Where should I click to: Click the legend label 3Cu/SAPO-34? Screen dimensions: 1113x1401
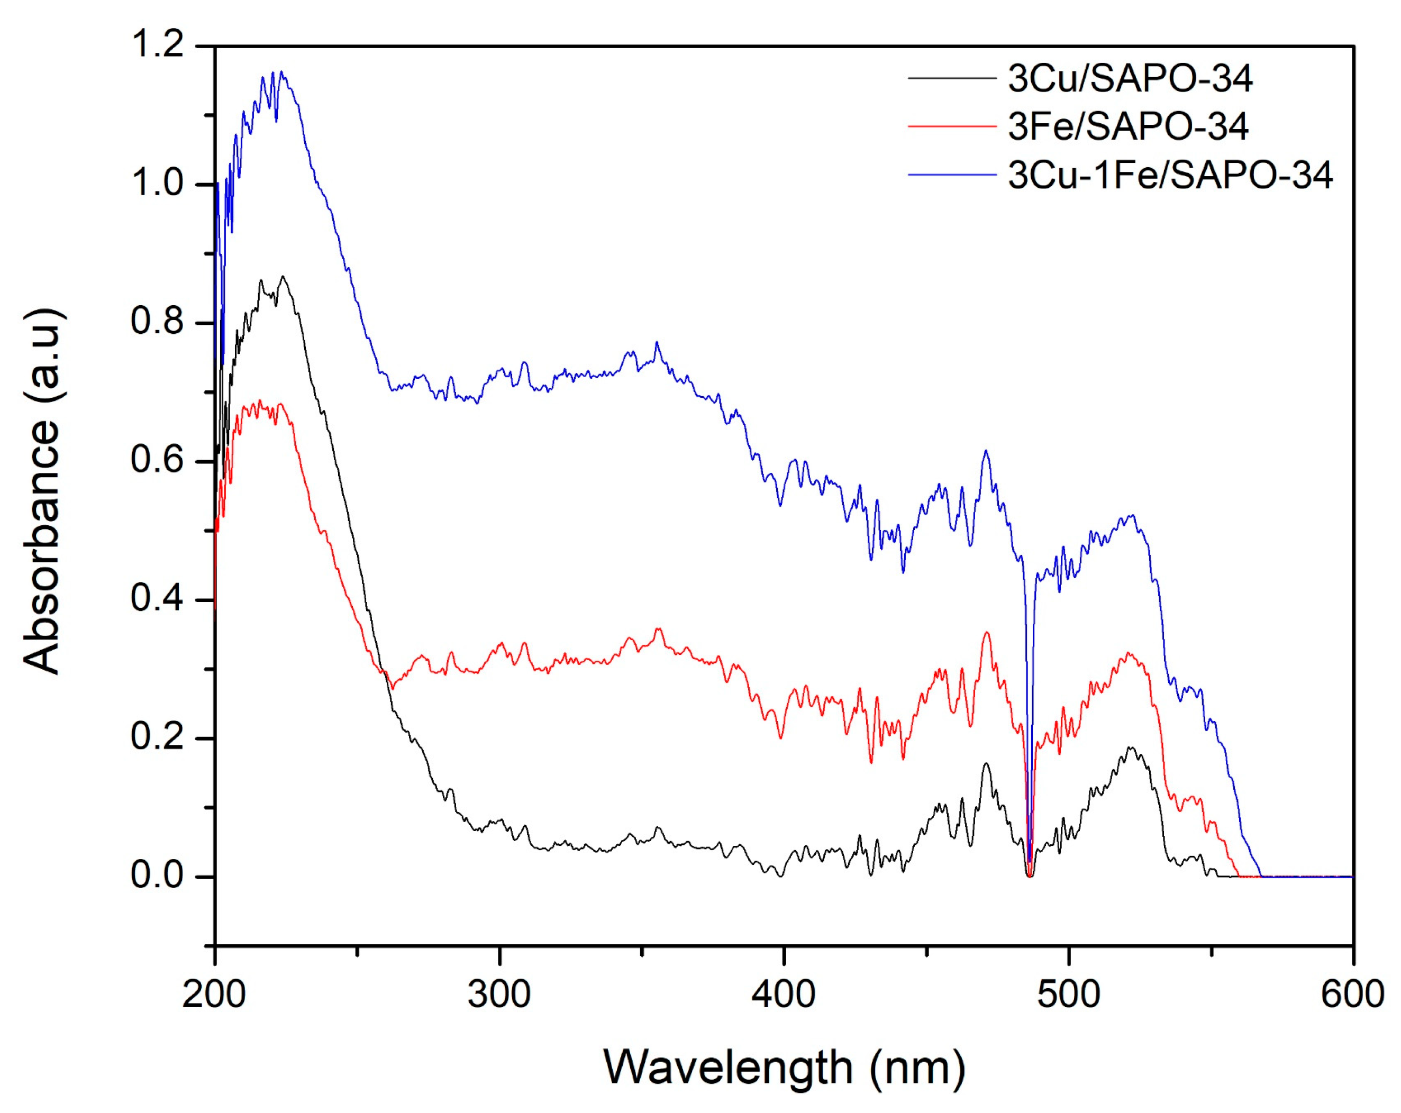point(1130,79)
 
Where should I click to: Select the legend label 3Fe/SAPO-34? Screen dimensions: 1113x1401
point(1128,127)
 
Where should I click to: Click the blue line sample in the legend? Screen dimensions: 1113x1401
point(952,175)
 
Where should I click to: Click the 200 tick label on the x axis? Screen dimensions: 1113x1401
point(214,995)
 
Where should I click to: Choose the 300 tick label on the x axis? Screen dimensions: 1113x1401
point(499,995)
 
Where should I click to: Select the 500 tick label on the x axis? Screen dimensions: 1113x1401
point(1068,995)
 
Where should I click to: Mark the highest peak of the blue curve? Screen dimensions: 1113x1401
point(281,71)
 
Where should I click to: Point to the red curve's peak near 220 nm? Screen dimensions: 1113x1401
point(260,401)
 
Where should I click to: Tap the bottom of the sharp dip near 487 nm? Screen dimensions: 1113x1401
point(1029,877)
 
